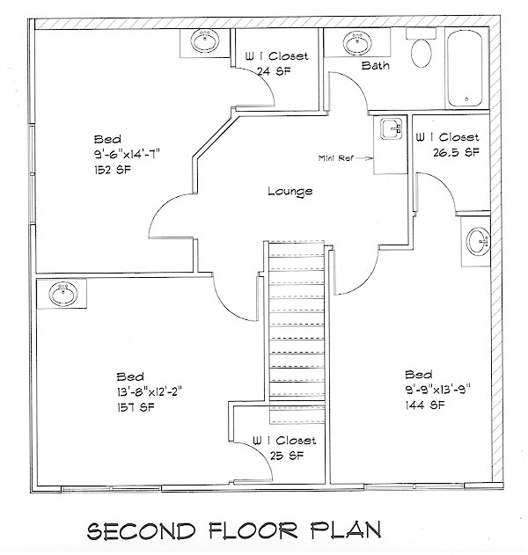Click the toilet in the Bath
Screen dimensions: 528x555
[421, 49]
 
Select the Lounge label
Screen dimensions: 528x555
[290, 192]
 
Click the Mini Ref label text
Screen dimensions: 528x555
[335, 158]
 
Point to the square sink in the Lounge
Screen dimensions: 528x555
[392, 128]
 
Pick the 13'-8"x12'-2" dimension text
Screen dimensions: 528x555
[149, 391]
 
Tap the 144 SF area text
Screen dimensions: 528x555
[424, 405]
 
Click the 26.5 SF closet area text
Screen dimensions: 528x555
[456, 152]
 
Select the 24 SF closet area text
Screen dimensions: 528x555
[274, 71]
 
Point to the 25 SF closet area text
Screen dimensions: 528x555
[287, 456]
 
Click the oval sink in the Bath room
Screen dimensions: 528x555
[357, 43]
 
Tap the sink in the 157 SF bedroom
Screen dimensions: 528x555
[63, 295]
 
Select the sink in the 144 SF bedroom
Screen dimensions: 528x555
[479, 241]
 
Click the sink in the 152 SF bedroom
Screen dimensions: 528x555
[205, 41]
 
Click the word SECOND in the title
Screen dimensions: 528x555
[141, 531]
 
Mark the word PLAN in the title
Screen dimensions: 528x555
[346, 529]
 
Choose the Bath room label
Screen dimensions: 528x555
[375, 65]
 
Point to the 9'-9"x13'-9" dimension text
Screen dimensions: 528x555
[437, 390]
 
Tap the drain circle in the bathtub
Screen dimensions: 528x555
[466, 99]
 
